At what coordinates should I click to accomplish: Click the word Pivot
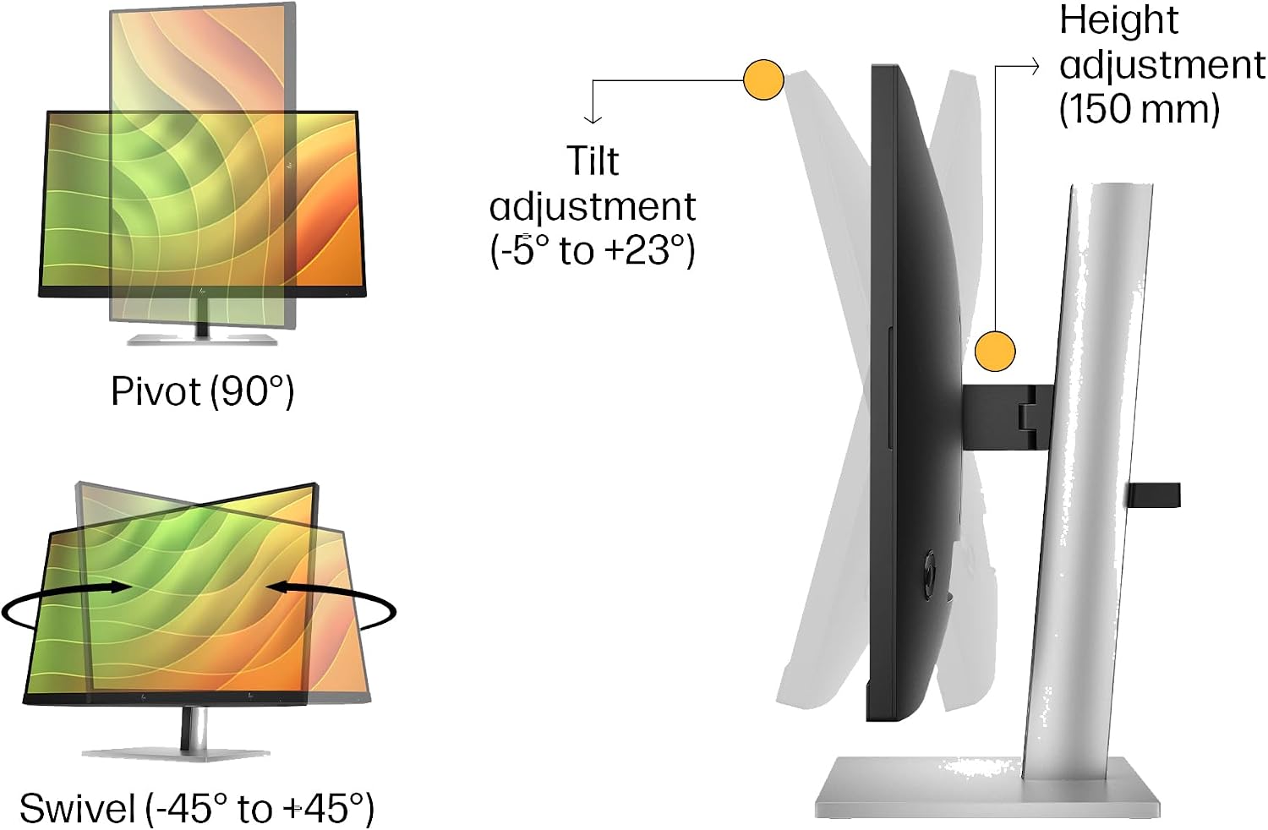156,390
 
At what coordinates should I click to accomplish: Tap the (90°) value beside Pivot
253,392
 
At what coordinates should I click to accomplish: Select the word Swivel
78,808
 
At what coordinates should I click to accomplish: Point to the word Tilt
592,161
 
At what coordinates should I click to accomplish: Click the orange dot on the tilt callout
763,79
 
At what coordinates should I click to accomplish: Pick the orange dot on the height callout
995,352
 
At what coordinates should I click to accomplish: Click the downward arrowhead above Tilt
593,119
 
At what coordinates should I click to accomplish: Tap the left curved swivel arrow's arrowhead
121,587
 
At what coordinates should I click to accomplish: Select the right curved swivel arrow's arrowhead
276,587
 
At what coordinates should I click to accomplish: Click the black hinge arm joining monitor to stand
1008,418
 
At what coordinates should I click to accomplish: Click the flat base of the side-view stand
987,789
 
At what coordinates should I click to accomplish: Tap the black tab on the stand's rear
1153,494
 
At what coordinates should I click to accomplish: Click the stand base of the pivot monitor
202,339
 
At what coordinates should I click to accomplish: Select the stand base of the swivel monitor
176,754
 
